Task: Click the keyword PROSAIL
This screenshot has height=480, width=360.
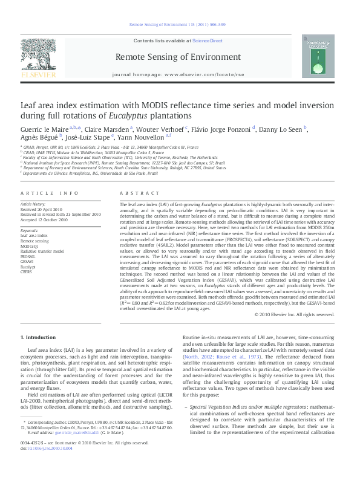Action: coord(29,255)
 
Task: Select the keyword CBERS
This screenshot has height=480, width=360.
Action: coord(27,272)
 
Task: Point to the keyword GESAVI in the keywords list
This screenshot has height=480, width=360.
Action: coord(28,261)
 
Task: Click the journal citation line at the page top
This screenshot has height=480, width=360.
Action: coord(179,24)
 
